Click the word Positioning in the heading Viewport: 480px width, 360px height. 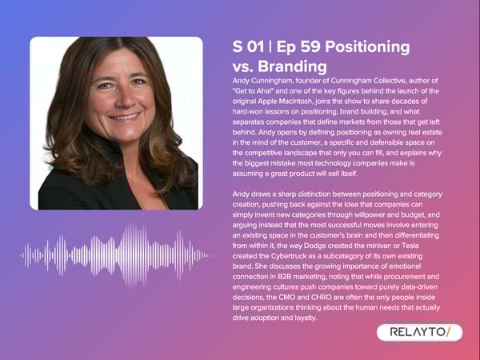366,46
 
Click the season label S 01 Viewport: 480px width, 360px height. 248,46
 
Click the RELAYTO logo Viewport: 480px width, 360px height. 419,332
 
